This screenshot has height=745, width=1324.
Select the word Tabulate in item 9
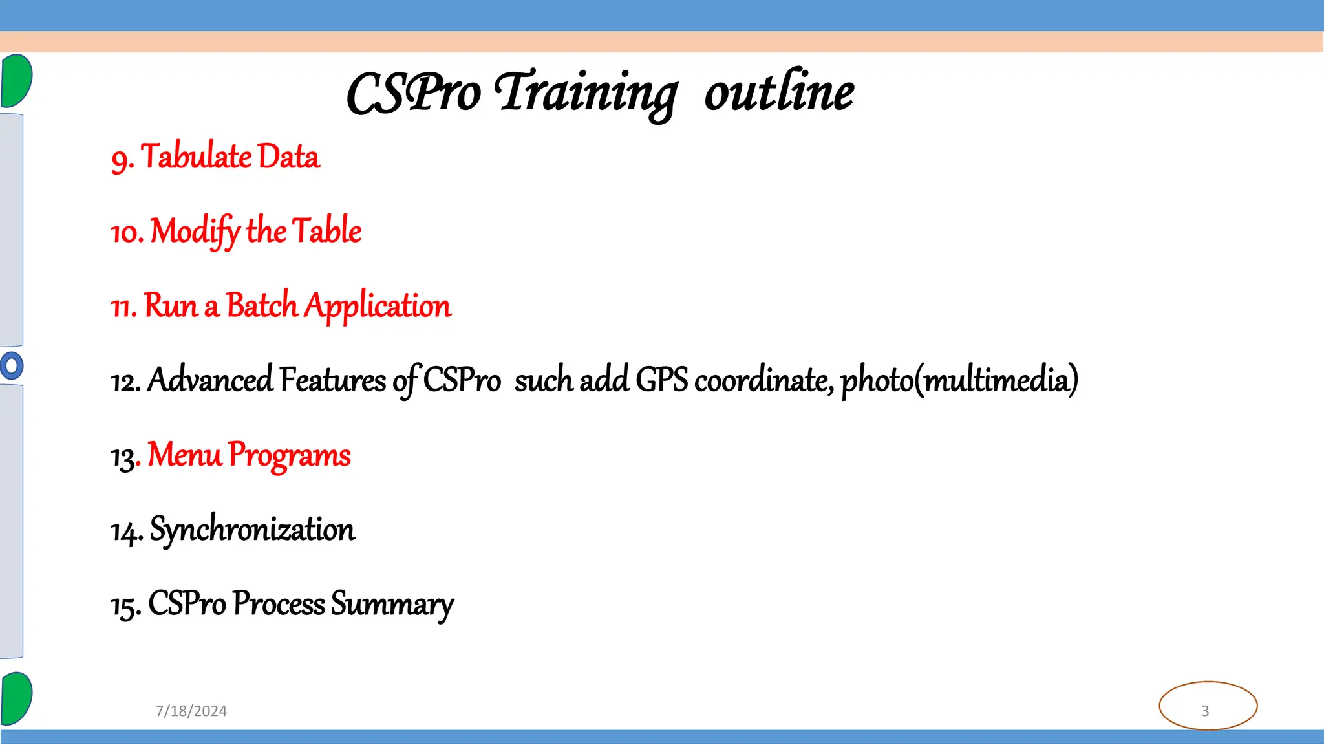coord(197,157)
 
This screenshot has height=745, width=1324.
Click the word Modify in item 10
coord(195,232)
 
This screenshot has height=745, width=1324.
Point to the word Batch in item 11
coord(261,306)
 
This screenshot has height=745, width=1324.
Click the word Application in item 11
coord(378,306)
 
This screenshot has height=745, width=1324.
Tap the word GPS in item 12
coord(661,380)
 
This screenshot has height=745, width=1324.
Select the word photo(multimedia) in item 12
coord(959,380)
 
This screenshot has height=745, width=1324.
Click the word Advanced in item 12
coord(211,380)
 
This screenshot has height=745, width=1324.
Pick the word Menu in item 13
coord(184,455)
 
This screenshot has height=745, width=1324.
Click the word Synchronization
coord(252,530)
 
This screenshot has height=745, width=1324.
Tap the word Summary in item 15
coord(392,605)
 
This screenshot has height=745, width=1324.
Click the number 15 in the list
coord(123,607)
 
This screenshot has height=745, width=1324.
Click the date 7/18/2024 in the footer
coord(191,711)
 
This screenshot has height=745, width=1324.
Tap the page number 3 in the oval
coord(1205,711)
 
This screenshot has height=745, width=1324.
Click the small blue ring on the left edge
coord(12,365)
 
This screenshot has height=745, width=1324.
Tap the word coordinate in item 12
coord(763,380)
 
